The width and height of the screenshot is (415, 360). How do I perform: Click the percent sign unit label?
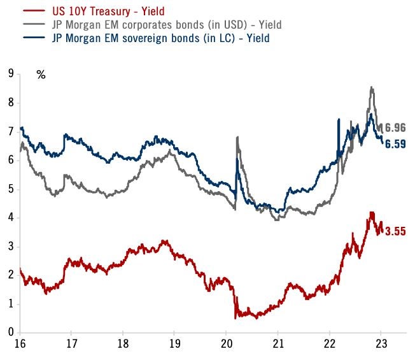tap(41, 75)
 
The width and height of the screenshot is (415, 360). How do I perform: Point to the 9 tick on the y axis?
tap(10, 73)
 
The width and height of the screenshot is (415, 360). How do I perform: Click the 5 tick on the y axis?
tap(10, 189)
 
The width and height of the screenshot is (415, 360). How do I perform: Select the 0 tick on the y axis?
tap(10, 333)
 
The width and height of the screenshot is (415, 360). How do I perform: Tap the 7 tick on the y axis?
tap(10, 131)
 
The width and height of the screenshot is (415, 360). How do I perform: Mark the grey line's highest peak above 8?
tap(371, 87)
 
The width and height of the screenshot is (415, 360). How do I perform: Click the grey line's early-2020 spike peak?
tap(237, 136)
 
